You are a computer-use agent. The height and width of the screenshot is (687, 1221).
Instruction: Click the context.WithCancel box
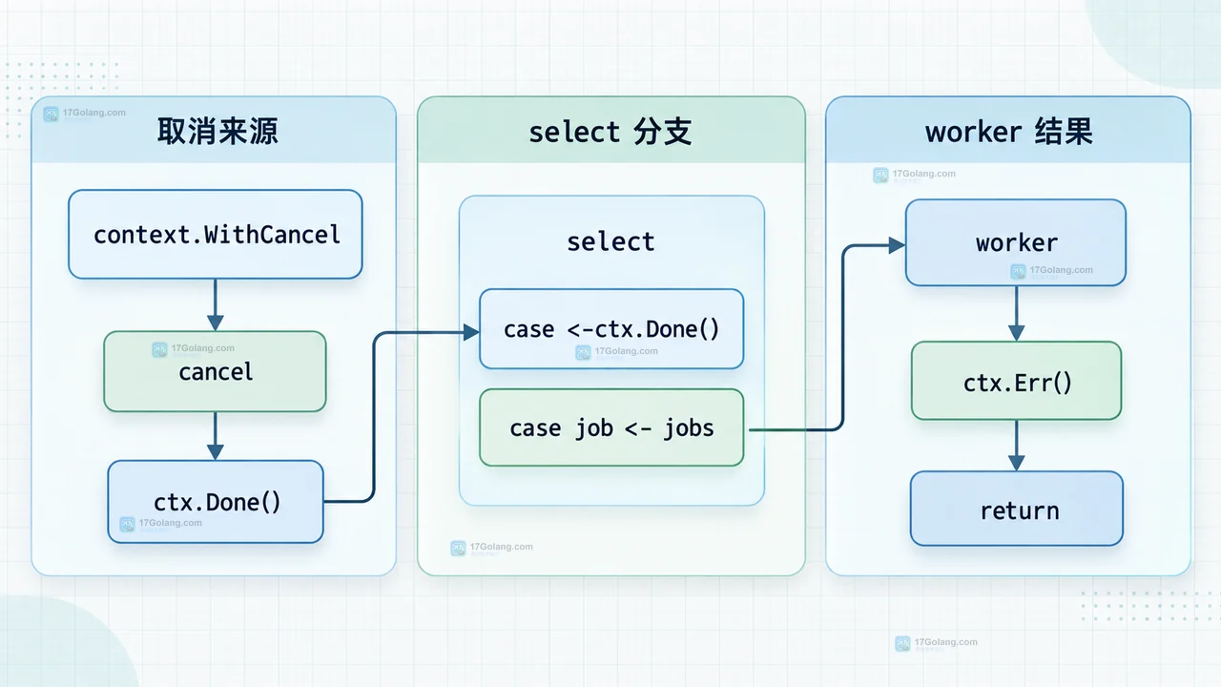coord(216,235)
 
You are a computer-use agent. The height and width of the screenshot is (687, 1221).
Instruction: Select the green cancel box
coord(216,371)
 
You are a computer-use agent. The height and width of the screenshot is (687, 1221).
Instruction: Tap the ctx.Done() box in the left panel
coord(216,502)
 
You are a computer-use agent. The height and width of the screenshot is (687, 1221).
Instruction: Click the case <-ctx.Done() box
coord(611,329)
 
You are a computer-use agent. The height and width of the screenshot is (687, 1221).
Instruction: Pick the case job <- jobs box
coord(611,427)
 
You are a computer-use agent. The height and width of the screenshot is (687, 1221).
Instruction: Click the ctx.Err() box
coord(1017,381)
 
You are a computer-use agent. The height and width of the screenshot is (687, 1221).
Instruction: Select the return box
coord(1017,509)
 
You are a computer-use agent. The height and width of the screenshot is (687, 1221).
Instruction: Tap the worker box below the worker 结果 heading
coord(1016,242)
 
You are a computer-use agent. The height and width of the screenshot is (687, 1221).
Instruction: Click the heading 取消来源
coord(217,132)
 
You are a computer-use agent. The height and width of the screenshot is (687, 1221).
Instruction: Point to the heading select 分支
coord(610,132)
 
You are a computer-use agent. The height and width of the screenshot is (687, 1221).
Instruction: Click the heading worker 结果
coord(1009,132)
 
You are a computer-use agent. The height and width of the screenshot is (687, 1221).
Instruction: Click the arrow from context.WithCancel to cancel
coord(216,304)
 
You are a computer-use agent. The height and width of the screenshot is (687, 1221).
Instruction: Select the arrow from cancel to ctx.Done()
coord(216,436)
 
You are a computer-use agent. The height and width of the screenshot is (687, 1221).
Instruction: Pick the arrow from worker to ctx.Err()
coord(1016,314)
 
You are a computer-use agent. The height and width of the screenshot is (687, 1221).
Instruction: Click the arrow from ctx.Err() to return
coord(1016,446)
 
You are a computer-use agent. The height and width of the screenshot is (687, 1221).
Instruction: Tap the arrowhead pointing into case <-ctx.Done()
coord(471,332)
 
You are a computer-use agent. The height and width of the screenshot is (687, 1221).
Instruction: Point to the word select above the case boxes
coord(610,242)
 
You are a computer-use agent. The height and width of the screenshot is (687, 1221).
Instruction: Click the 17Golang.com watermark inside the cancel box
coord(194,349)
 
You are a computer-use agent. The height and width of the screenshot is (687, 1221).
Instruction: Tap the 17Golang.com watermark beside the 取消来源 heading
coord(85,114)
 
